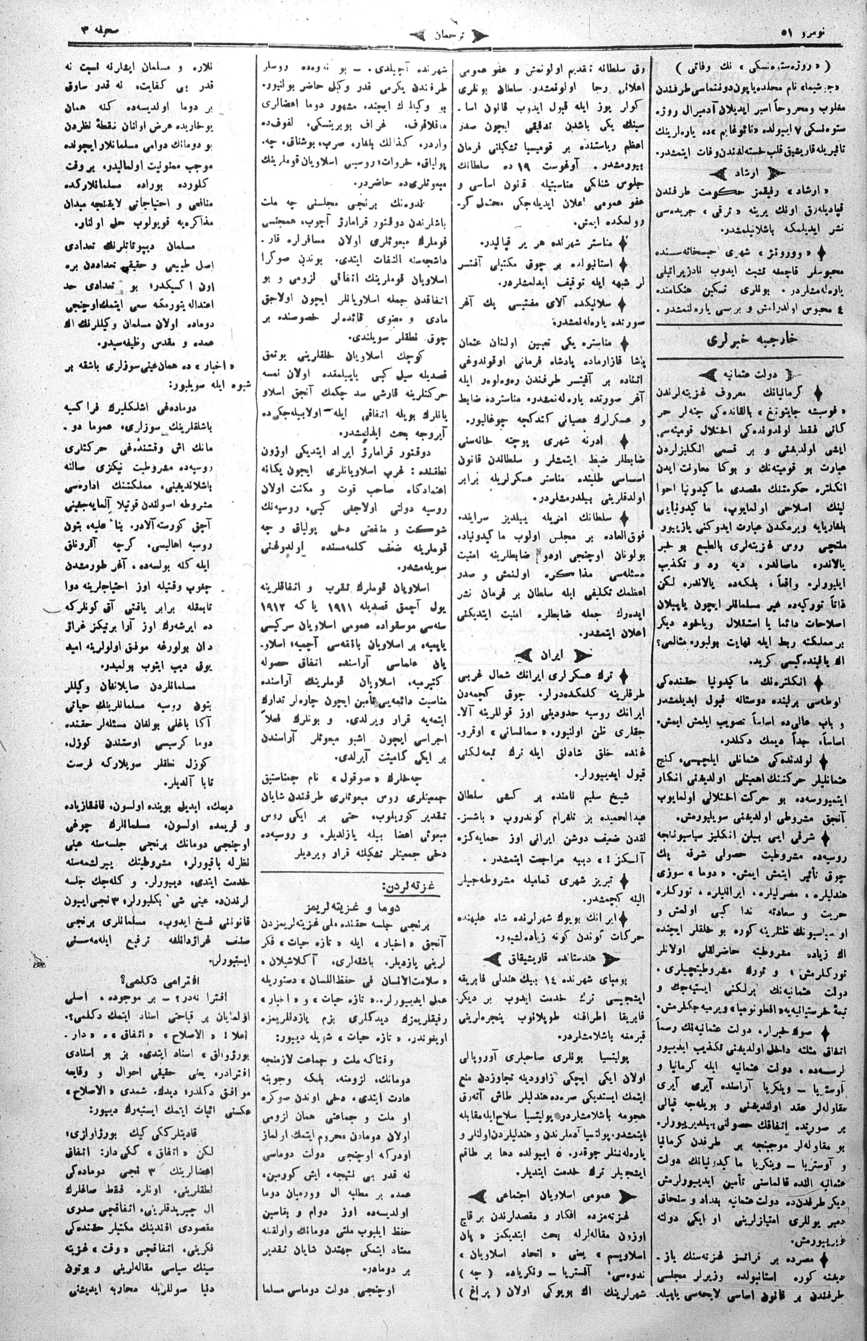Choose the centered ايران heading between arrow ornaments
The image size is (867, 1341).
[554, 656]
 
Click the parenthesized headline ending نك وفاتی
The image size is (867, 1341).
[749, 66]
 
